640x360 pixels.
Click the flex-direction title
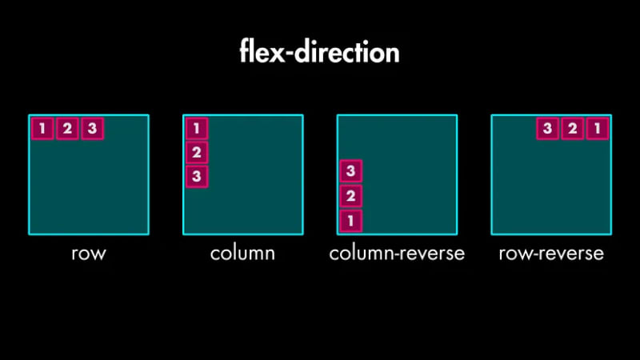point(319,52)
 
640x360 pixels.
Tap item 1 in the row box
point(42,128)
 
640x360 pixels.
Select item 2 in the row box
point(67,128)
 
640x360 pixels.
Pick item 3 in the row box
point(92,128)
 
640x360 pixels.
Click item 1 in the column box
point(197,128)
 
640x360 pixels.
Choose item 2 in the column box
point(197,152)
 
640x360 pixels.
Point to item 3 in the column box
point(197,177)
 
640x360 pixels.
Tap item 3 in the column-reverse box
point(350,171)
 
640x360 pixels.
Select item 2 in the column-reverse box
point(350,196)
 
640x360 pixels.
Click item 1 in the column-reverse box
point(350,221)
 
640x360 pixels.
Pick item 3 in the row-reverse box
point(547,128)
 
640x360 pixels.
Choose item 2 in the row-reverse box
point(572,128)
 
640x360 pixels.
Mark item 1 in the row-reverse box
point(597,128)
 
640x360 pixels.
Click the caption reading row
point(88,254)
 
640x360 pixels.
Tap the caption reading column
point(242,254)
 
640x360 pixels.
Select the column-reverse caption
point(397,254)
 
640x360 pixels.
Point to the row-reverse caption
point(551,254)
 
